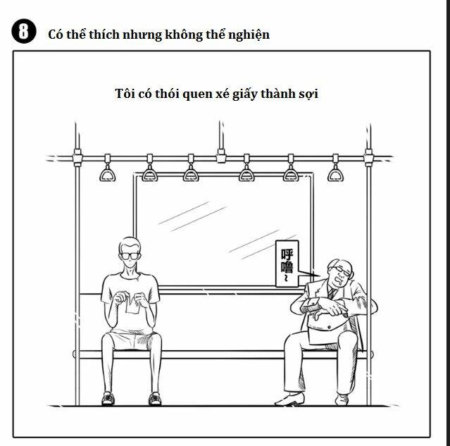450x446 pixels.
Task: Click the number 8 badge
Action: (24, 32)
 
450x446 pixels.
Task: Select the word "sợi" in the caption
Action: (306, 94)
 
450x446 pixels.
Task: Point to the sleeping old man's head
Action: (339, 272)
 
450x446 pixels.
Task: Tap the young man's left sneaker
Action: (108, 398)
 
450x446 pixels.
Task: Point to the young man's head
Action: (130, 249)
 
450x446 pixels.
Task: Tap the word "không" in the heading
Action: (187, 34)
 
